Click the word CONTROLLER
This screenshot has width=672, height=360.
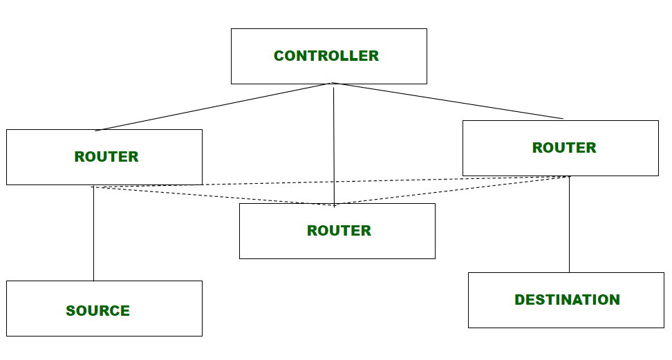(x=326, y=56)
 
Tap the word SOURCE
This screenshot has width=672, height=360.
(x=98, y=311)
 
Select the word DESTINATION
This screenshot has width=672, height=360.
(x=567, y=300)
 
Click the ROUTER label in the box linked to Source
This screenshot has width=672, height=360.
(x=106, y=157)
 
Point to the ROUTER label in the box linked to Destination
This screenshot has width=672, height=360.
(x=564, y=148)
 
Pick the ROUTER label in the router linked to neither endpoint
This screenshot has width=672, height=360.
(x=339, y=231)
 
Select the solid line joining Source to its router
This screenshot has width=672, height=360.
(x=93, y=235)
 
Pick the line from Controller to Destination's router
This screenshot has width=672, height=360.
(x=449, y=101)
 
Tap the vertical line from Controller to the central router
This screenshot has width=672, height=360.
(x=334, y=145)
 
